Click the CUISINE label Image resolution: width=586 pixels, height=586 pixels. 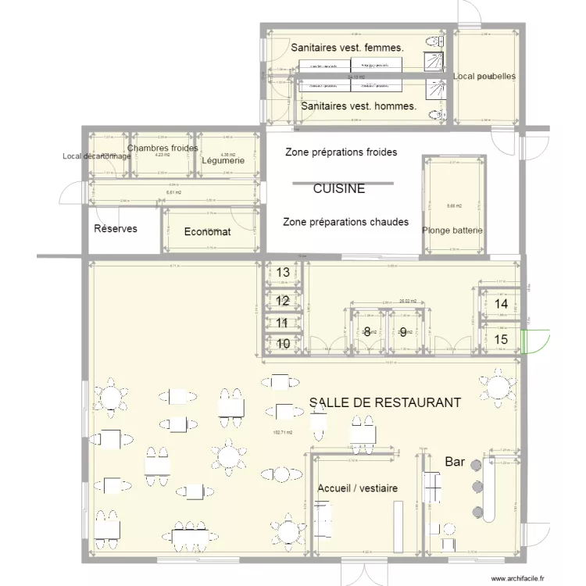[x=339, y=189]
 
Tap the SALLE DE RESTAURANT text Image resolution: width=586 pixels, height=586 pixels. [x=384, y=402]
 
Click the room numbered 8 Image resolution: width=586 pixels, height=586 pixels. [x=366, y=332]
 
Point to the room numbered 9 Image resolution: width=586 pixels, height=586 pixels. [x=403, y=332]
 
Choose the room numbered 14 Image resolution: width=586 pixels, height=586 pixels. [x=502, y=303]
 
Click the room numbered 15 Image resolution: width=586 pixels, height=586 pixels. [x=502, y=339]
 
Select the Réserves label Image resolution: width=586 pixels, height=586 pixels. [x=116, y=229]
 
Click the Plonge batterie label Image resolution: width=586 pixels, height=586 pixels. [x=452, y=230]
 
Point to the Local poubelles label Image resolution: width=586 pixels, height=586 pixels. [x=484, y=77]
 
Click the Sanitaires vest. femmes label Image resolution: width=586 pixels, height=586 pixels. [x=347, y=48]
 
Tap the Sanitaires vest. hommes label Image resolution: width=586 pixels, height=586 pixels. [x=358, y=105]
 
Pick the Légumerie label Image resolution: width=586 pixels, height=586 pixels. [x=223, y=162]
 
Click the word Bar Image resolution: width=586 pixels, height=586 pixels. [x=455, y=463]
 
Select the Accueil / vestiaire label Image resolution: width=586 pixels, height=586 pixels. [x=357, y=488]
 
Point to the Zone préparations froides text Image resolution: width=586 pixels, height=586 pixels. [x=341, y=152]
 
